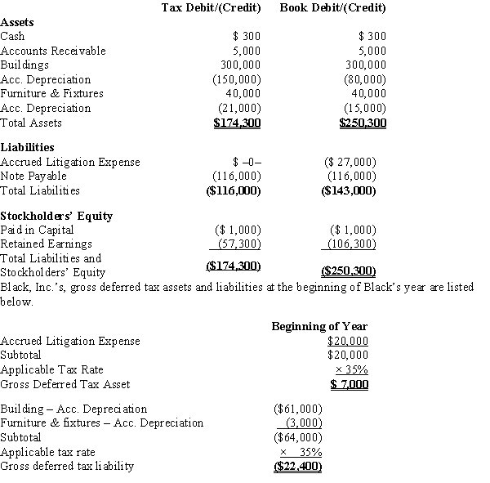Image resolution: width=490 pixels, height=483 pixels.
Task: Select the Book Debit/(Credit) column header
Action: (x=332, y=8)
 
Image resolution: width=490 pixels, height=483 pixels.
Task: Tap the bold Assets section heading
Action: (x=18, y=23)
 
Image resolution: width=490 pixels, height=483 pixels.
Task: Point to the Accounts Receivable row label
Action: (x=53, y=51)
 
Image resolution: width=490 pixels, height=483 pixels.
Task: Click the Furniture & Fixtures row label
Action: (x=52, y=93)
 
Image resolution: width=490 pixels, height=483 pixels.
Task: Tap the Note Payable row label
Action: (x=33, y=176)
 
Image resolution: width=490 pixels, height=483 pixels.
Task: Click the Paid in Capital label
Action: (x=38, y=230)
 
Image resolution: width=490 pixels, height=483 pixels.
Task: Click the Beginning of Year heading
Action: (x=319, y=327)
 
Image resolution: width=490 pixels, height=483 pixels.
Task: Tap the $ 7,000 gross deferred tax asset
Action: (x=350, y=384)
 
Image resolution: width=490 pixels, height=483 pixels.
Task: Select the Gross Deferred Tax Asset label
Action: (x=65, y=384)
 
